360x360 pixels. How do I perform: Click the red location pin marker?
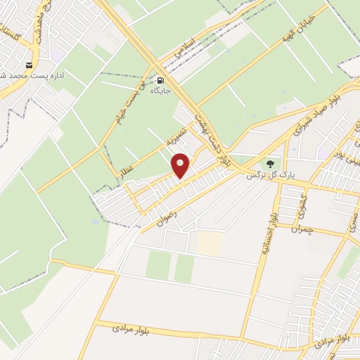coord(182,165)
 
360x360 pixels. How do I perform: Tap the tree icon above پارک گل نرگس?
coord(271,165)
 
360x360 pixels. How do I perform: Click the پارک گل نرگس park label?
coord(270,176)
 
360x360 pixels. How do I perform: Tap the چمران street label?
coord(309,229)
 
